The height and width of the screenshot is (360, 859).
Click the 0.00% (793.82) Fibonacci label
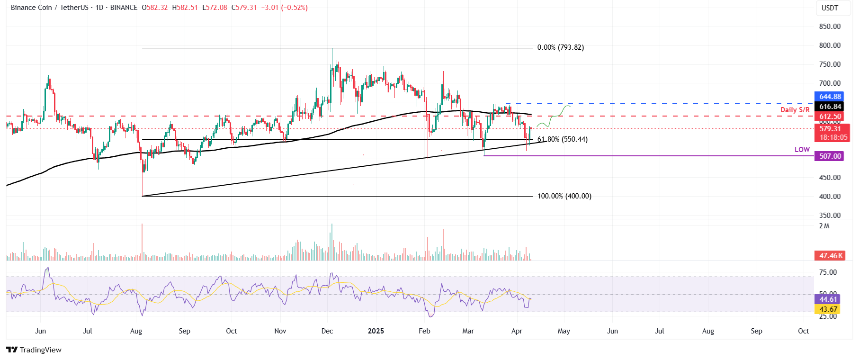tap(560, 47)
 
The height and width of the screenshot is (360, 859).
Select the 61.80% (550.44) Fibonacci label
tap(562, 139)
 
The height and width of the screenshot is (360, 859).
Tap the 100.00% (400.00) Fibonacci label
tap(564, 196)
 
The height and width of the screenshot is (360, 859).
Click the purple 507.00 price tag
tap(829, 156)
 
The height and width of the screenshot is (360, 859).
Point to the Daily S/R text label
tap(795, 110)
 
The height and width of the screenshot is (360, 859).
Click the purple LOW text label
tap(802, 150)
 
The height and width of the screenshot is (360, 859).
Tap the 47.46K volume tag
tap(830, 256)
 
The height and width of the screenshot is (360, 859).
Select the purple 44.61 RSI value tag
tap(828, 299)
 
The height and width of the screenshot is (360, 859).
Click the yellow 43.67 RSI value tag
tap(828, 309)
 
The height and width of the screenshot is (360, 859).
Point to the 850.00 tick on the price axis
tap(830, 27)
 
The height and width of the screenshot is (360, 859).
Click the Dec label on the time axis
tap(327, 331)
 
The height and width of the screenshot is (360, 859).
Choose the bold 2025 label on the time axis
tap(376, 331)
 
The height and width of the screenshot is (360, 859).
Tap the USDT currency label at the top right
tap(829, 8)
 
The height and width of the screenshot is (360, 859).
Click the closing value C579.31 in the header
tap(244, 8)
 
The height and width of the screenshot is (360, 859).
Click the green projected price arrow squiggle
tap(554, 116)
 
